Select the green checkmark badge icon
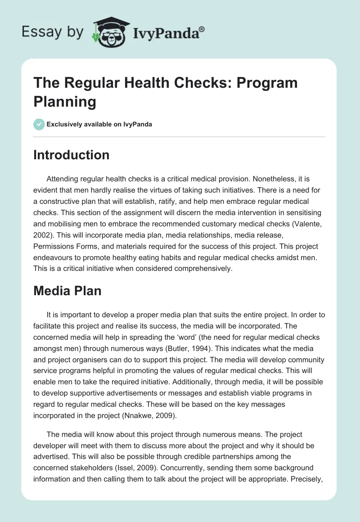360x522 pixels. (39, 124)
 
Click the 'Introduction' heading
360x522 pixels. (71, 155)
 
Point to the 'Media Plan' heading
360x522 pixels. (67, 291)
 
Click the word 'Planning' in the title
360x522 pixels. (65, 102)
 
